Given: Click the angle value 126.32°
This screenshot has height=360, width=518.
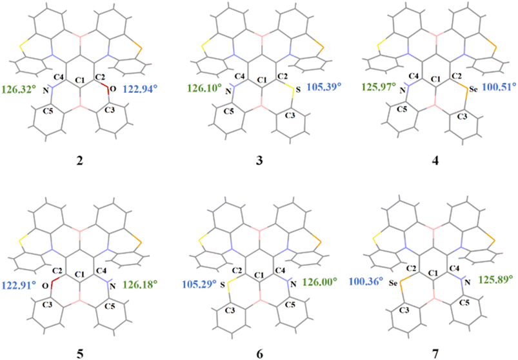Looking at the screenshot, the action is (19, 89).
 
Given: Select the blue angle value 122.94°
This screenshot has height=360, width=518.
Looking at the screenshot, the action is (140, 89).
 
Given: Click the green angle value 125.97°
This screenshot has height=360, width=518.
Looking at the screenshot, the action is (379, 88).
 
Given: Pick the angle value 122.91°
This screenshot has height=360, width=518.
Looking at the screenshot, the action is (19, 285).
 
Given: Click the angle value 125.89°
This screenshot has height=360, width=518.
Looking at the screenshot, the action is (496, 281).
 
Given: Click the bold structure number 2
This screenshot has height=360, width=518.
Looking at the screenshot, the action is (79, 161).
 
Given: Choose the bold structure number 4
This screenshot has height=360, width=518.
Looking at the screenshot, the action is (435, 161).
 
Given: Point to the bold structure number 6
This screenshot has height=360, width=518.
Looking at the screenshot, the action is (260, 354).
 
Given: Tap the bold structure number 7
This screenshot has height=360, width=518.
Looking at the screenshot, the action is (435, 354).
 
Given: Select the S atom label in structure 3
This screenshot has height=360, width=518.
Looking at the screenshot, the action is (299, 90).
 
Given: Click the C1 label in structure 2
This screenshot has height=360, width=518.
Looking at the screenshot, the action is (80, 79).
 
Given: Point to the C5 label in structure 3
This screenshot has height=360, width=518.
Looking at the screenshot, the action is (228, 112).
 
